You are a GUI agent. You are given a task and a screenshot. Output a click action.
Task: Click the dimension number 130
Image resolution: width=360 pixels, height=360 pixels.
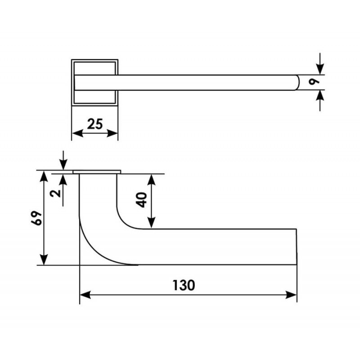pyautogui.click(x=184, y=285)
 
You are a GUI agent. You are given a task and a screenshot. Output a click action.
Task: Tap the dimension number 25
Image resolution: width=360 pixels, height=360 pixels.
pyautogui.click(x=95, y=124)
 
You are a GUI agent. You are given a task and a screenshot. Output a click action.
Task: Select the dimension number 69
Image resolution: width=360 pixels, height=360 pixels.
pyautogui.click(x=37, y=218)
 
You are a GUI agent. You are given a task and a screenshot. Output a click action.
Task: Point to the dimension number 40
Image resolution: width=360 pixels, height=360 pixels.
pyautogui.click(x=142, y=200)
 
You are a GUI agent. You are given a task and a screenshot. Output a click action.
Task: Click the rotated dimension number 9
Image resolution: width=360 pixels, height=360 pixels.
pyautogui.click(x=314, y=82)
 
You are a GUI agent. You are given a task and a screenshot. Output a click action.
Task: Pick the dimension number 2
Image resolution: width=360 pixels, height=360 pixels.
pyautogui.click(x=56, y=193)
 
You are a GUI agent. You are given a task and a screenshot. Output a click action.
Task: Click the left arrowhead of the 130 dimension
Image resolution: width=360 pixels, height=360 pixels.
pyautogui.click(x=85, y=295)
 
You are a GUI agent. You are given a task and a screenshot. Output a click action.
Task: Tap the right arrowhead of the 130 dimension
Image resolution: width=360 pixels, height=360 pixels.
pyautogui.click(x=291, y=295)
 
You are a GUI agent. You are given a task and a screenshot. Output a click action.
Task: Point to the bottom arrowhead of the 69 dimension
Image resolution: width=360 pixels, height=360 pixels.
pyautogui.click(x=44, y=260)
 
